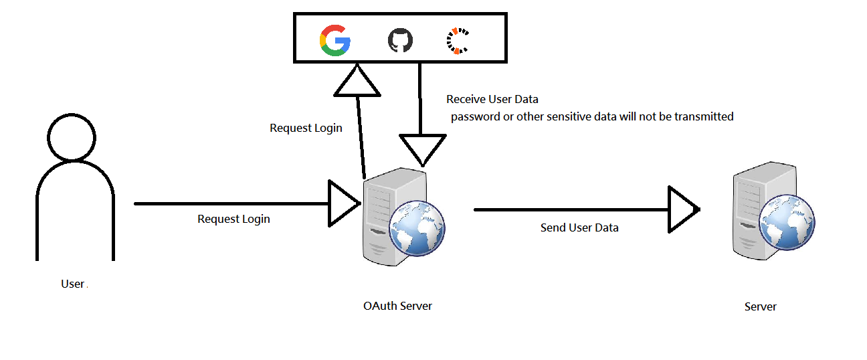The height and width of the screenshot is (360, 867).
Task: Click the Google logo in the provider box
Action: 335,40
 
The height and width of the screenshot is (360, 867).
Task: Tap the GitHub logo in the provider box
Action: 400,41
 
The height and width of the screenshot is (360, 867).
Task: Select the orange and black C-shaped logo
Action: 458,40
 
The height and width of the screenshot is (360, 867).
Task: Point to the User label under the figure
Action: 72,284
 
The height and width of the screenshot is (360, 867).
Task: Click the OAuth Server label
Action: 397,306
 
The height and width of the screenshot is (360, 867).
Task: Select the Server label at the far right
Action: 761,307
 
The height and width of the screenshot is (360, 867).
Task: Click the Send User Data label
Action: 579,228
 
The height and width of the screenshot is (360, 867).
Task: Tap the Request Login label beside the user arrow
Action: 233,219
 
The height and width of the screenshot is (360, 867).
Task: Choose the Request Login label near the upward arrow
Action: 306,128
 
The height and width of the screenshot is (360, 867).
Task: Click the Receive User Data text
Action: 492,100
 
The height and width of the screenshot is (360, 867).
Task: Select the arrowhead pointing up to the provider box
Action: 357,81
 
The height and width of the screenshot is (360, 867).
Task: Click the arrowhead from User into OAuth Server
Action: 344,203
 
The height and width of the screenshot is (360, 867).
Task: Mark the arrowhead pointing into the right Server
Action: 683,209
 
